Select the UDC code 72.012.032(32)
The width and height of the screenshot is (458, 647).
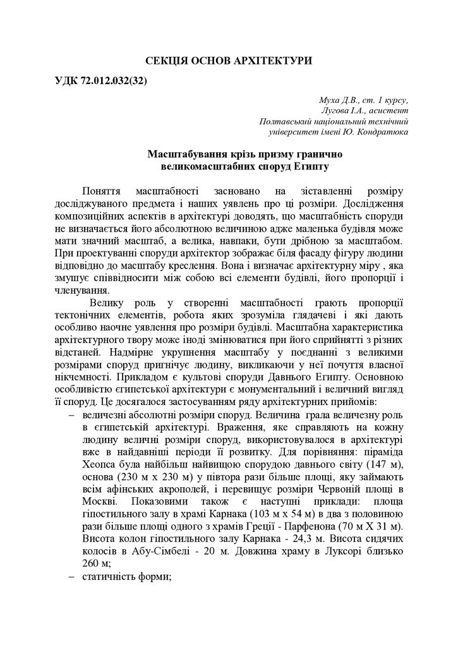pyautogui.click(x=111, y=83)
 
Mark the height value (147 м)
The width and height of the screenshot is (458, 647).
pyautogui.click(x=388, y=466)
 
